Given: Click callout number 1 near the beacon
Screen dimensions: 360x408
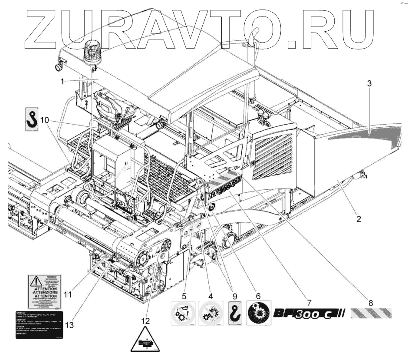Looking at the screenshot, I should tap(63, 81).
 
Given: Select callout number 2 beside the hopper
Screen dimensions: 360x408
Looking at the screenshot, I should tap(359, 219).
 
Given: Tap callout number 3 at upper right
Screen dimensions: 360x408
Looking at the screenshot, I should tap(369, 84).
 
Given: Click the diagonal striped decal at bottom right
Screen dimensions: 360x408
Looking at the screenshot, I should tap(371, 313).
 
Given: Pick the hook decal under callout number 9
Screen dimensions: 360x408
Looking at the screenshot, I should tap(234, 313).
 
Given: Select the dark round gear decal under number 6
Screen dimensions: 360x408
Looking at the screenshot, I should tap(259, 313).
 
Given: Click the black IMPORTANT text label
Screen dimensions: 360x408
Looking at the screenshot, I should tap(39, 325).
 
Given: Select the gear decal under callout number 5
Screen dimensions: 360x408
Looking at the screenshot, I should tap(184, 313).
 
